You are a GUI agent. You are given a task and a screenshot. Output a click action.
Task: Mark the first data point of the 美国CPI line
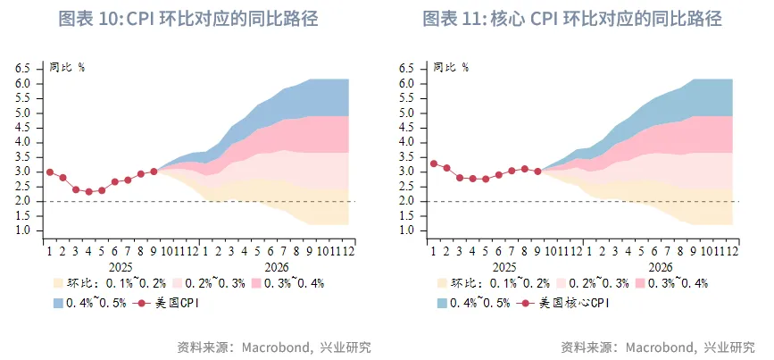coord(49,172)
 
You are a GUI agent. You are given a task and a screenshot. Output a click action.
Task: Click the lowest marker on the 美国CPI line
coord(88,192)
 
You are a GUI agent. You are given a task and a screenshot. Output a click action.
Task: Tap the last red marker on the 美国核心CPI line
coord(537,172)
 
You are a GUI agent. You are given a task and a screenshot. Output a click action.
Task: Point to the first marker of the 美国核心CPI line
coord(433,163)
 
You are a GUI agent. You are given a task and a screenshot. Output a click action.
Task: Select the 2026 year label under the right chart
coord(661,266)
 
